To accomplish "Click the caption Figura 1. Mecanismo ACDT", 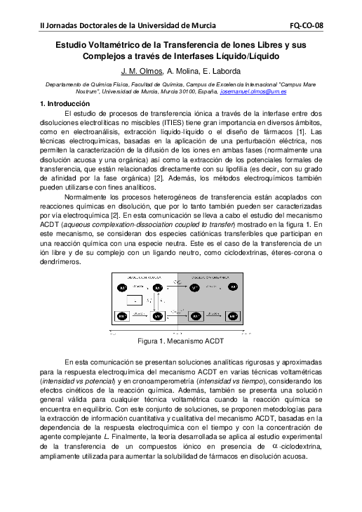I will pos(181,341).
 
